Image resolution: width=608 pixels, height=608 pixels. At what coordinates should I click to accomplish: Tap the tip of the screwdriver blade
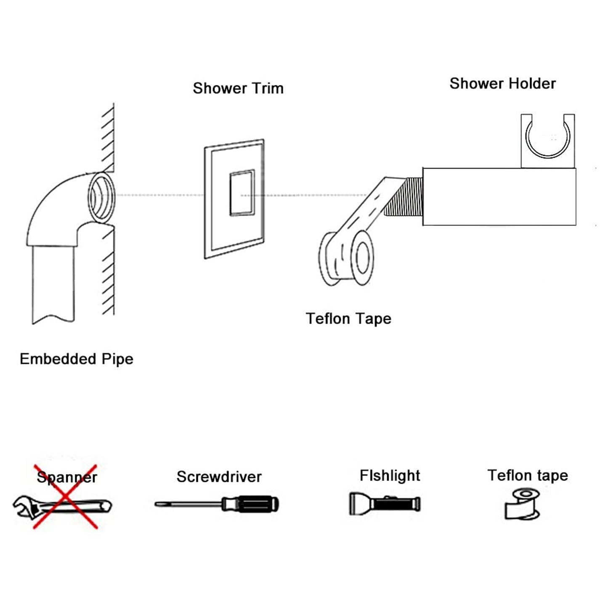[155, 504]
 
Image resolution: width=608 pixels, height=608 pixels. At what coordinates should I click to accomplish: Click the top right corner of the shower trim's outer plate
[263, 139]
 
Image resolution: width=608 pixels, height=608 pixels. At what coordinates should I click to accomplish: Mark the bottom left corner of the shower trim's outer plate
[205, 259]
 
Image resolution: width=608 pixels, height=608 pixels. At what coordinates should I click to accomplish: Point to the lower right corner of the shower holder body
[576, 225]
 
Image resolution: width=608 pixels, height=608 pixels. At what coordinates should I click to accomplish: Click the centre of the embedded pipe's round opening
[101, 197]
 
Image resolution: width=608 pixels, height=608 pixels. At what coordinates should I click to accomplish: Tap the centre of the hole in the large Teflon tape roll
[362, 257]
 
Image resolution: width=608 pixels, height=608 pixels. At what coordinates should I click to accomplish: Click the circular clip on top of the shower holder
[547, 141]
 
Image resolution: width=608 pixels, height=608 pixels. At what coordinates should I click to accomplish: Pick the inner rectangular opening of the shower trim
[242, 193]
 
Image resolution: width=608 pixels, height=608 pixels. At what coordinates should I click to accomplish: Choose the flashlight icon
[385, 504]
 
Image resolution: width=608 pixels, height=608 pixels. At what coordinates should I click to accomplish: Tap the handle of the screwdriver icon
[250, 504]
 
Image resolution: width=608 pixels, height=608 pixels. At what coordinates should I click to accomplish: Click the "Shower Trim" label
[238, 88]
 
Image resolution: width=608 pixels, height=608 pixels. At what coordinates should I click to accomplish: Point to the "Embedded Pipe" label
[77, 359]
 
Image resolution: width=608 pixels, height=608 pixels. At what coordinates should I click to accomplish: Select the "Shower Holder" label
[503, 84]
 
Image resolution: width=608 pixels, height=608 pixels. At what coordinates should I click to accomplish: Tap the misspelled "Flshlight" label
[390, 476]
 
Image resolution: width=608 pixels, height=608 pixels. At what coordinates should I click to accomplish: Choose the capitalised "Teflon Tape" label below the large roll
[349, 319]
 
